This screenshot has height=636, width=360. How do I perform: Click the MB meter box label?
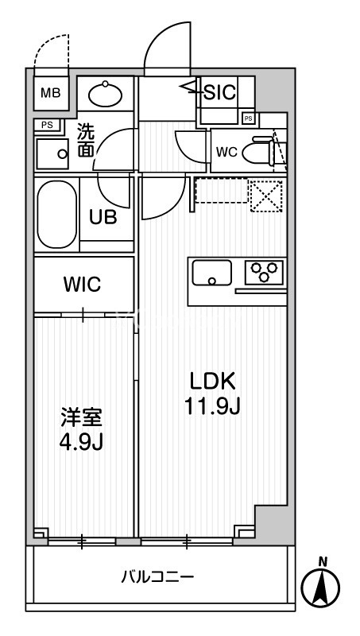tap(50, 94)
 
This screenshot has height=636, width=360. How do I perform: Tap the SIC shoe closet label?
tap(219, 91)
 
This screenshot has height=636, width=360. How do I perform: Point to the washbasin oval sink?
tap(105, 95)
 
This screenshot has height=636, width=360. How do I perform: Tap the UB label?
tap(104, 218)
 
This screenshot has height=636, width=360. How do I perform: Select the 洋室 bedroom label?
tap(82, 416)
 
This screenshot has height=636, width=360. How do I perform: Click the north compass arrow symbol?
tap(322, 588)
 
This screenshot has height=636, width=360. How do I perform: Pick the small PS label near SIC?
tap(248, 118)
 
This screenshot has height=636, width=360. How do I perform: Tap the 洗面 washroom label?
tap(86, 141)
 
